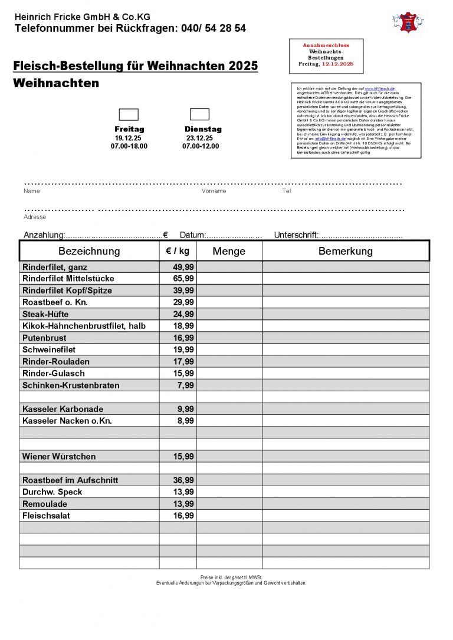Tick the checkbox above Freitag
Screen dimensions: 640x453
129,114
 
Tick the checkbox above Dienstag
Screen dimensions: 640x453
199,114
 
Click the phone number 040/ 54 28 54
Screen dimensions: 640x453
211,28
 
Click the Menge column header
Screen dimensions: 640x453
229,251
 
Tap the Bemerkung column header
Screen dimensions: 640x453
345,251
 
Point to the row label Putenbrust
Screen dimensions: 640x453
44,338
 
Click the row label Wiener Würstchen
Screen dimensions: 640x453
59,457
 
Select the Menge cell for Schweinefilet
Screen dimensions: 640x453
229,350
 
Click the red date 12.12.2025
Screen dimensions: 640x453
337,64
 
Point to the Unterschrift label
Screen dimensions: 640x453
296,235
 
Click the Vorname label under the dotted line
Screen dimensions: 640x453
214,191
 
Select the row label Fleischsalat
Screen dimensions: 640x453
46,516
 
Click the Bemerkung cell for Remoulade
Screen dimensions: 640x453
345,504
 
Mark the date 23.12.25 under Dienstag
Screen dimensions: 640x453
199,138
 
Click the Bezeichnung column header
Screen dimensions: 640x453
89,251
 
